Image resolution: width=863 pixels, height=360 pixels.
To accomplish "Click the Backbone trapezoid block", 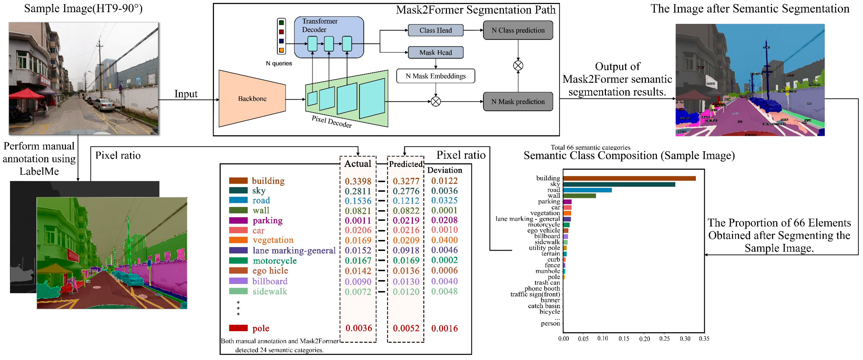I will pos(252,99).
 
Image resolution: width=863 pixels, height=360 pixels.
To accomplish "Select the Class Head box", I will pos(436,30).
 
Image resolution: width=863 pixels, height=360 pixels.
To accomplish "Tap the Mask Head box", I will pos(436,52).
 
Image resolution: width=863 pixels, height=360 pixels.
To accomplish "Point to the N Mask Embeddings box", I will pos(436,76).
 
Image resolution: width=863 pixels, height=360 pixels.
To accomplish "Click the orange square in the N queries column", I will pos(281,50).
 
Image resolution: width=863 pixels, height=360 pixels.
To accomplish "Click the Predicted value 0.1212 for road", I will pos(406,201).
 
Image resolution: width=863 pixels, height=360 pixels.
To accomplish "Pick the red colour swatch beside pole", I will pos(238,328).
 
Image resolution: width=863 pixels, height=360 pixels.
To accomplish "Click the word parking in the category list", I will pos(267,221).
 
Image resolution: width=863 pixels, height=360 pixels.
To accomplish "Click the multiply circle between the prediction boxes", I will pos(518,66).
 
